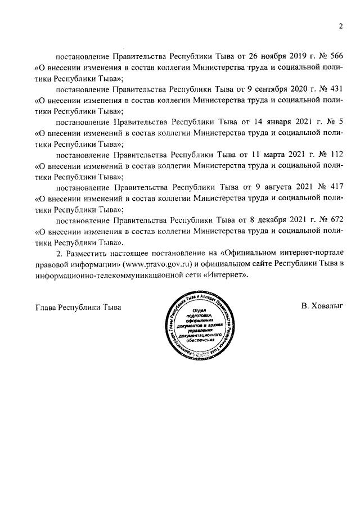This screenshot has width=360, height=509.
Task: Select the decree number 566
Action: [335, 57]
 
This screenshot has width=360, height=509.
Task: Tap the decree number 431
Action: [335, 89]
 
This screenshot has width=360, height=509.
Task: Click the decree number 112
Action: [335, 153]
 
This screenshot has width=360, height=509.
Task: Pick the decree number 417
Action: [335, 185]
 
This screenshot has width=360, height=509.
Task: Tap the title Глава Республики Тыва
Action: [78, 307]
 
